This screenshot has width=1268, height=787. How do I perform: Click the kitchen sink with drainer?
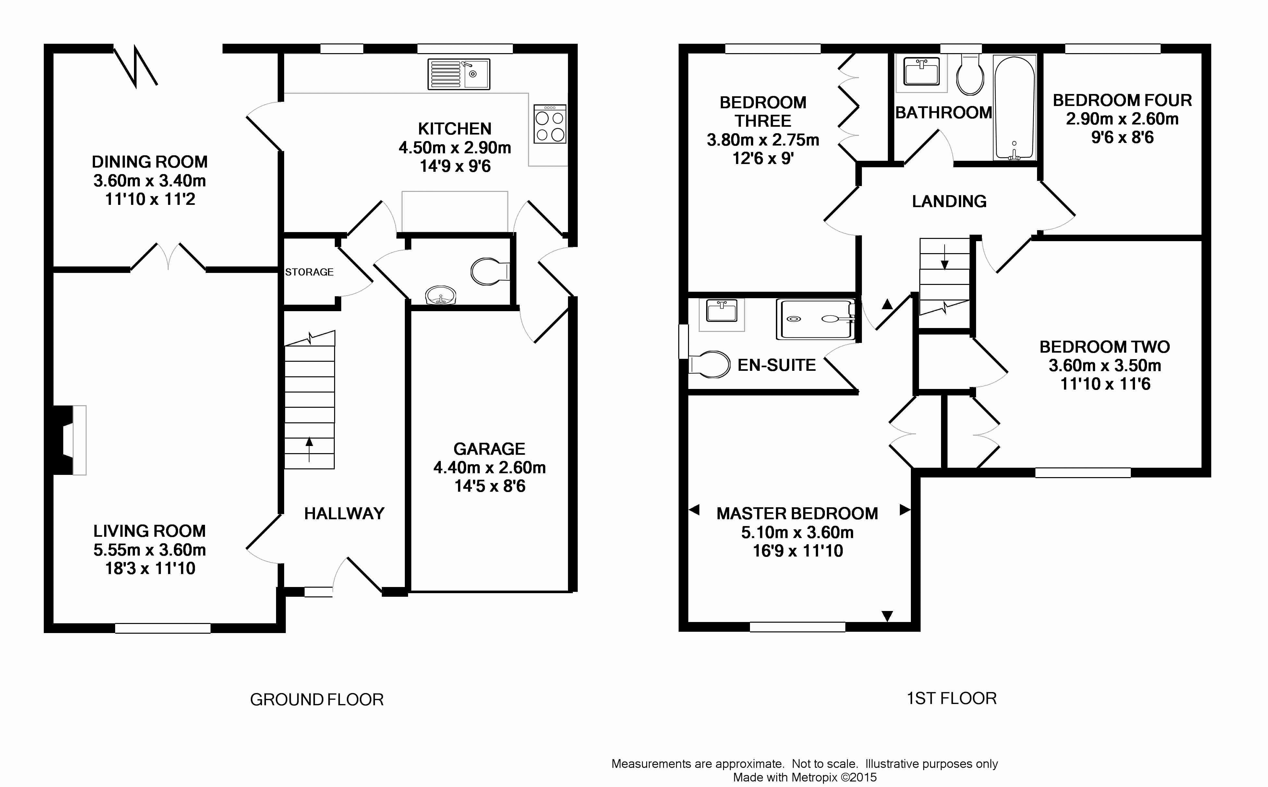(459, 74)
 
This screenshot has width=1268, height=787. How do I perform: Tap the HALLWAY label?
(344, 514)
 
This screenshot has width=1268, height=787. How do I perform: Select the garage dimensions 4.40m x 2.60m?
(489, 467)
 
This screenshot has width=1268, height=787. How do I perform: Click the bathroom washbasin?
(921, 71)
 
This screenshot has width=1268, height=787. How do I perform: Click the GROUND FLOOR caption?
(317, 699)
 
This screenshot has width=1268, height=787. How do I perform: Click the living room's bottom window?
(163, 628)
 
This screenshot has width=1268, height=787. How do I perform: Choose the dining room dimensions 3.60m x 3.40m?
(150, 181)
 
